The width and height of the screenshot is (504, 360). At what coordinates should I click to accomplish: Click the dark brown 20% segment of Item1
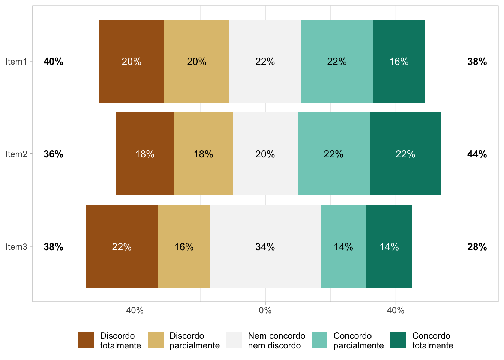(x=132, y=61)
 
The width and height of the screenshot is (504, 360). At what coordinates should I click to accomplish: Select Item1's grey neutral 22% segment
(x=265, y=61)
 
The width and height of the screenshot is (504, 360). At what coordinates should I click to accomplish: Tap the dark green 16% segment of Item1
(x=399, y=61)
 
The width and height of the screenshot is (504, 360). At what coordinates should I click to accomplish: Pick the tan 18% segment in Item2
(x=203, y=154)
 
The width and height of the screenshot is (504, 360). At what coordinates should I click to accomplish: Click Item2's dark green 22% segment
(x=405, y=154)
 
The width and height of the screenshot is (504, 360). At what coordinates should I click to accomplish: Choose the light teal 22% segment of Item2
(x=334, y=154)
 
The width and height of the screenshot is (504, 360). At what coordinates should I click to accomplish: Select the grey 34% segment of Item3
(x=265, y=246)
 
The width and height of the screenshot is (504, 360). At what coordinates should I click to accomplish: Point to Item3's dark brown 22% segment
(x=122, y=246)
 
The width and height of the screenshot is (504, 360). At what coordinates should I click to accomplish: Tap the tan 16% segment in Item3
(x=184, y=246)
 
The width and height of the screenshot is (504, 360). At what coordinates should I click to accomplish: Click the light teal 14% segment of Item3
(x=343, y=246)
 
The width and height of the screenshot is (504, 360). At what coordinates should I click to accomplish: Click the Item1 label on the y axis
(x=16, y=61)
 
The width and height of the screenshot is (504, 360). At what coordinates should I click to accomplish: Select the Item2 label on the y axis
(x=16, y=154)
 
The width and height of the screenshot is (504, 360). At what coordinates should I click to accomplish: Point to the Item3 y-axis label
(x=16, y=247)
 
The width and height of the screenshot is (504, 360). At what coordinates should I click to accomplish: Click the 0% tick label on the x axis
(x=265, y=310)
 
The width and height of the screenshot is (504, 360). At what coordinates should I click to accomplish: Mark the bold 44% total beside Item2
(x=477, y=154)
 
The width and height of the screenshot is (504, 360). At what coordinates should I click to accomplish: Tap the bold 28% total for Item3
(x=477, y=247)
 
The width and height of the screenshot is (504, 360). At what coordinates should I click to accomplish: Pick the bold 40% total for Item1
(x=53, y=61)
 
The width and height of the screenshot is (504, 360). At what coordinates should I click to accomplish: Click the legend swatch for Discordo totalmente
(x=86, y=340)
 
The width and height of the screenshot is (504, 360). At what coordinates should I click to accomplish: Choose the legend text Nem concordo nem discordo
(x=277, y=340)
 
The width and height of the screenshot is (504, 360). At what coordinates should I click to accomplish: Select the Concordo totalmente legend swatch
(x=398, y=340)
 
